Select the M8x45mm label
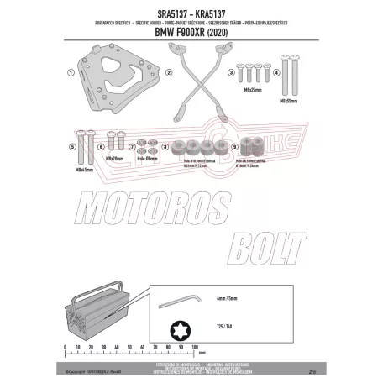(x=83, y=170)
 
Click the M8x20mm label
(x=116, y=157)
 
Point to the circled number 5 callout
(x=74, y=147)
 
